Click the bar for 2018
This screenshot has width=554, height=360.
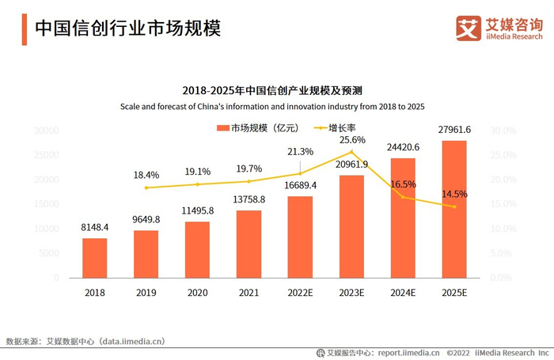[95, 258]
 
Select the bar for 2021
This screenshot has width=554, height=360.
[249, 244]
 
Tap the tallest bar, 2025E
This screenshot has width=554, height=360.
[454, 210]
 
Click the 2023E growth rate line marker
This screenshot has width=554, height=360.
[351, 152]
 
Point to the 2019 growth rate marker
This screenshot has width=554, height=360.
[146, 188]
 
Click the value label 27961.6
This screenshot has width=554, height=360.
[455, 130]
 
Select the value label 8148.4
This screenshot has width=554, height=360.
[95, 227]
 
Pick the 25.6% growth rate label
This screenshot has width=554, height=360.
[353, 139]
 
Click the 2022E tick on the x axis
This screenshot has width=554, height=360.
[300, 292]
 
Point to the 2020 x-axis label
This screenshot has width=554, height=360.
[198, 292]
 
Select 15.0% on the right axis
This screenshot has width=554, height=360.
[504, 204]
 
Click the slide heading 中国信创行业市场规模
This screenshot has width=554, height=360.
[127, 28]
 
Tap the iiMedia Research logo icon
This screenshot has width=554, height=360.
[469, 28]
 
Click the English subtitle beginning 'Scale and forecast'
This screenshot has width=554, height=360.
[277, 107]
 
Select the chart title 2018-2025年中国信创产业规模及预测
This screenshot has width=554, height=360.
[277, 90]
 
